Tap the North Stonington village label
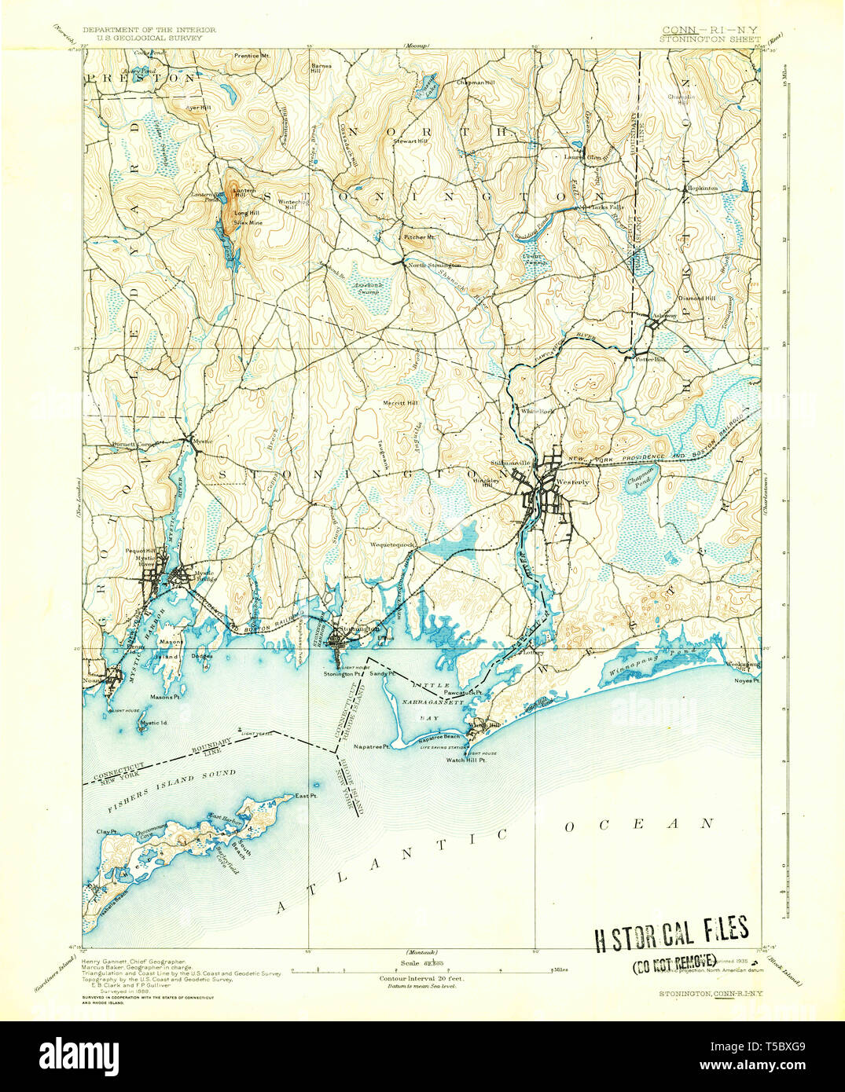coord(434,266)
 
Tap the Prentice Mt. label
coord(254,56)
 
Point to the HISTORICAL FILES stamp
coord(670,933)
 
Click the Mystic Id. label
coord(154,723)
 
